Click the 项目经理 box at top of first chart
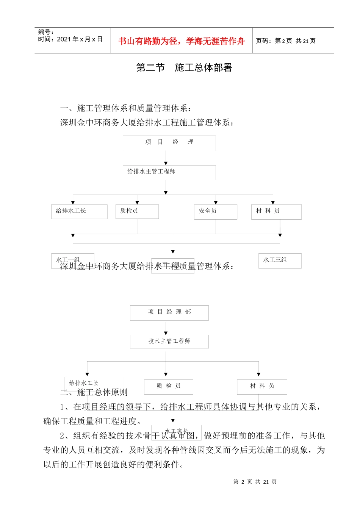169,143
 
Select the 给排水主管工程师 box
169,172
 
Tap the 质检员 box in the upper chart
137,211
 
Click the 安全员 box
215,212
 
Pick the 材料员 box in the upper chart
276,212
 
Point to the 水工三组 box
280,261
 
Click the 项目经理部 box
169,313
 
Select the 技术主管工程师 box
169,341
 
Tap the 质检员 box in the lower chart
169,386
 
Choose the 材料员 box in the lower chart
262,386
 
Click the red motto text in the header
182,41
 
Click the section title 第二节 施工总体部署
184,68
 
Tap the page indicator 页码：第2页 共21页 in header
285,41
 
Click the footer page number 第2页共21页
255,482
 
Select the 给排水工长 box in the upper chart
79,211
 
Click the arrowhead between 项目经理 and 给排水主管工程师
166,163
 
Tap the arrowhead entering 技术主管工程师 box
166,333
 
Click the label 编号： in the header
46,32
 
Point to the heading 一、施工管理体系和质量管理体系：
126,108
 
